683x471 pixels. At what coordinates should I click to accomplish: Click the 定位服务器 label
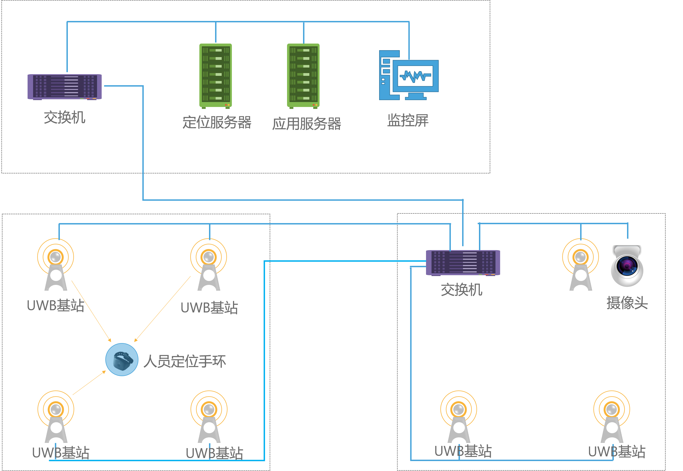tap(217, 122)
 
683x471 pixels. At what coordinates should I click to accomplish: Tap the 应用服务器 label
tap(307, 124)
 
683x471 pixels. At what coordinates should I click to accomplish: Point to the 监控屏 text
tap(408, 121)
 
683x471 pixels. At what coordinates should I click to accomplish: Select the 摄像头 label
tap(627, 303)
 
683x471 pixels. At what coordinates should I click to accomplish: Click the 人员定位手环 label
tap(185, 361)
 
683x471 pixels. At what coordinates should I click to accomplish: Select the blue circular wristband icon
tap(122, 359)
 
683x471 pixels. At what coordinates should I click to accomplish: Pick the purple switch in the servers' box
tap(65, 87)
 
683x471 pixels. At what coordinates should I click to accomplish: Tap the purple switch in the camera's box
tap(463, 263)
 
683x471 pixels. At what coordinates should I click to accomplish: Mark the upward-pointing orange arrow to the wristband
tap(89, 383)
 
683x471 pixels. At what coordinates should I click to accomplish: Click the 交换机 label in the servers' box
tap(65, 117)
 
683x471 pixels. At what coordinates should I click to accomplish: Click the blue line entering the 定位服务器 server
tap(216, 33)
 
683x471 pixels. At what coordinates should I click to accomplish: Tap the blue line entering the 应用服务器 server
tap(304, 33)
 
